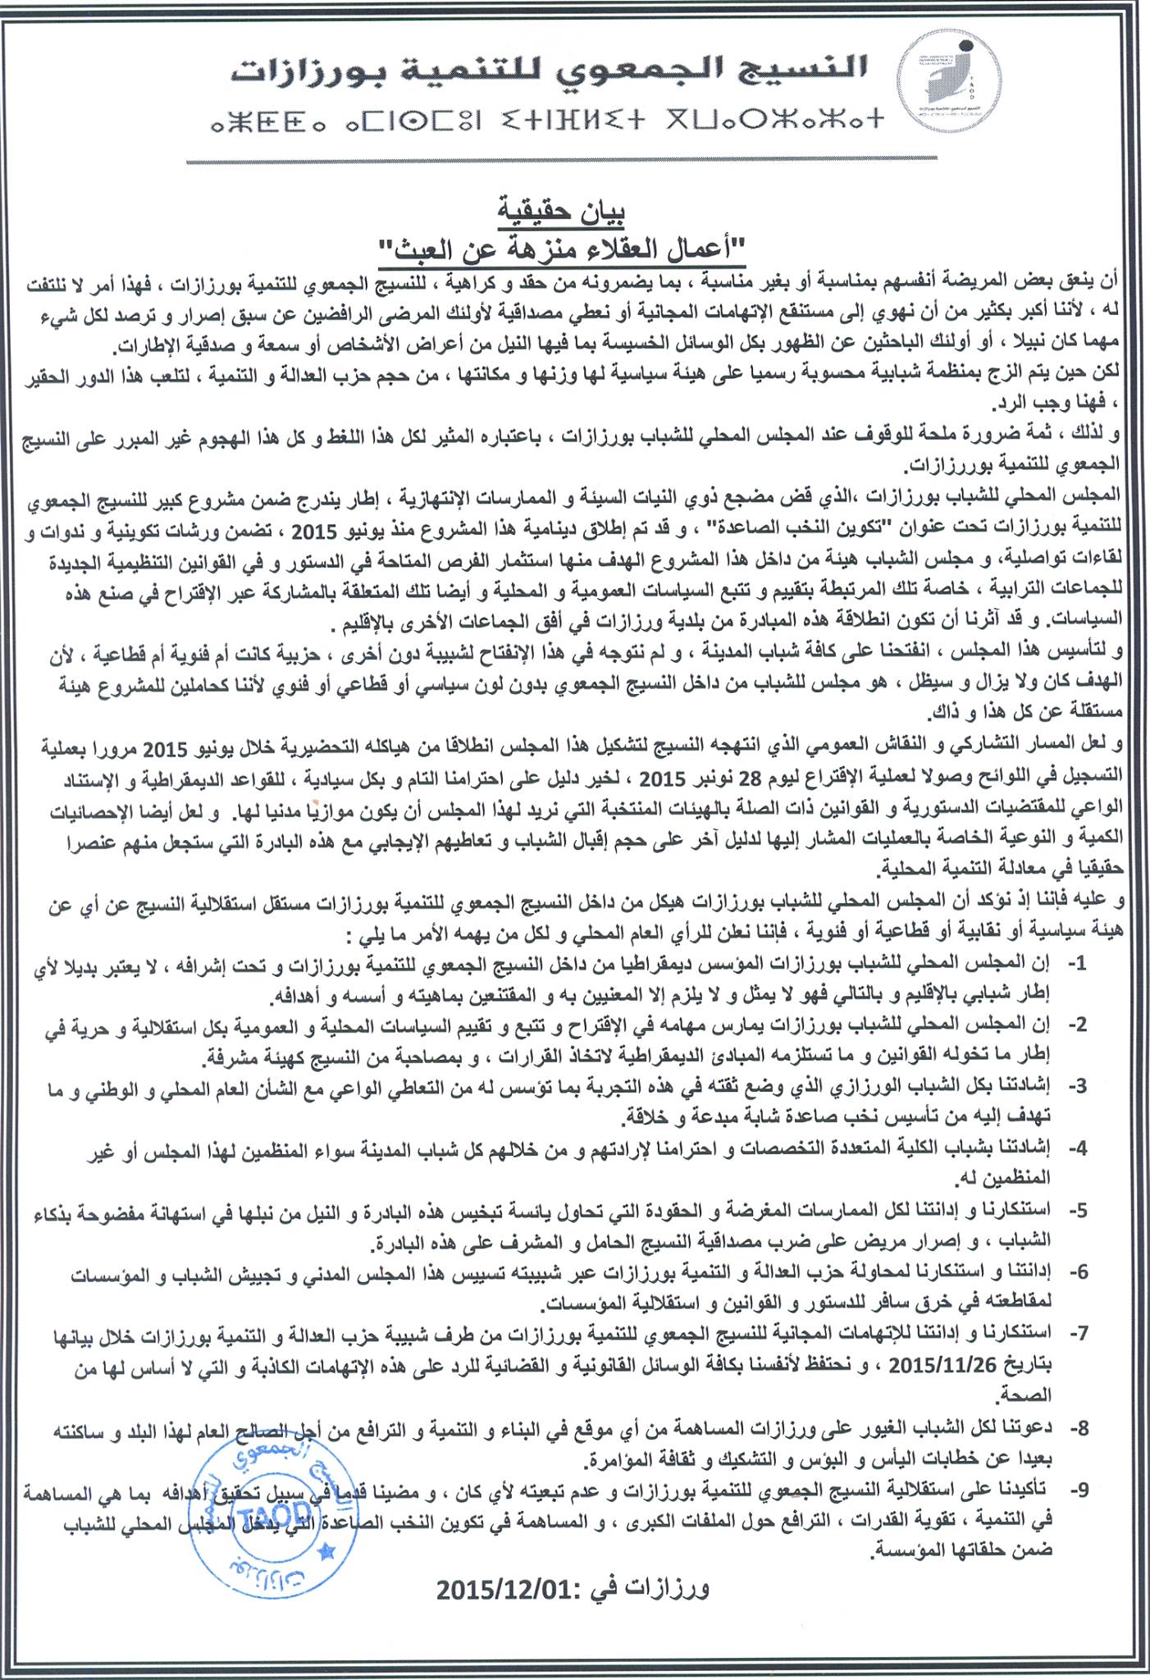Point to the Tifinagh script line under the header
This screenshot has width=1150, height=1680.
click(547, 124)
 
